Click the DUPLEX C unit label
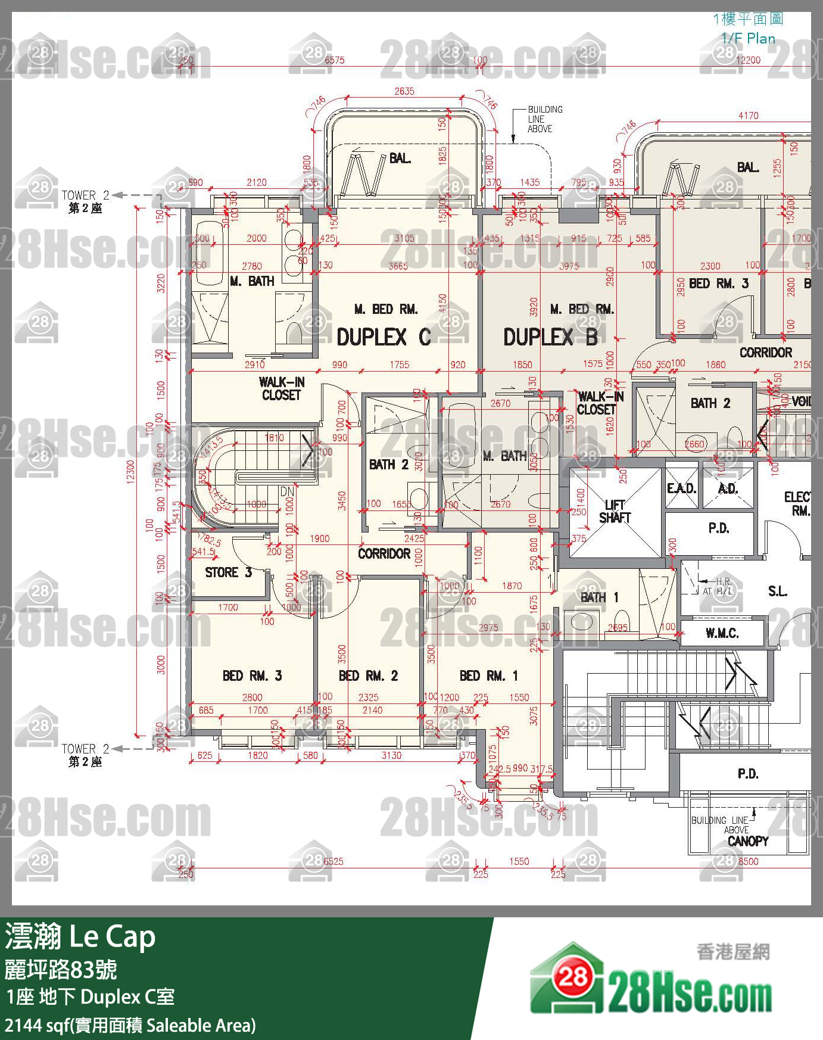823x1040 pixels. [x=383, y=337]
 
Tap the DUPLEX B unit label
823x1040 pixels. [x=550, y=337]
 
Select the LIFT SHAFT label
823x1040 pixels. [x=614, y=512]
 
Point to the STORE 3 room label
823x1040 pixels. [x=228, y=572]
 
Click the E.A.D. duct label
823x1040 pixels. [x=681, y=488]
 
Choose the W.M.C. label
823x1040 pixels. [x=722, y=633]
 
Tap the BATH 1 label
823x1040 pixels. [x=599, y=597]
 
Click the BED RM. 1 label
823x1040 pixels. [x=488, y=675]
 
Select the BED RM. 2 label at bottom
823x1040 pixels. [x=368, y=675]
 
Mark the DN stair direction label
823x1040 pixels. [x=287, y=492]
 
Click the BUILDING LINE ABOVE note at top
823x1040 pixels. [x=544, y=119]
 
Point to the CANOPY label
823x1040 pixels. [x=747, y=841]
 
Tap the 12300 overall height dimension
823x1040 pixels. [x=130, y=471]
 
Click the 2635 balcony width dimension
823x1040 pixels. [x=404, y=91]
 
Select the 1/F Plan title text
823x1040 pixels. [x=748, y=39]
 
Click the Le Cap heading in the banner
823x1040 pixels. [x=113, y=937]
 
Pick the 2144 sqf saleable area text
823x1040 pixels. [x=130, y=1026]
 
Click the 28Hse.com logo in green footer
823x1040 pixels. [x=650, y=980]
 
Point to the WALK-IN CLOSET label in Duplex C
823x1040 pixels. [x=281, y=388]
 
